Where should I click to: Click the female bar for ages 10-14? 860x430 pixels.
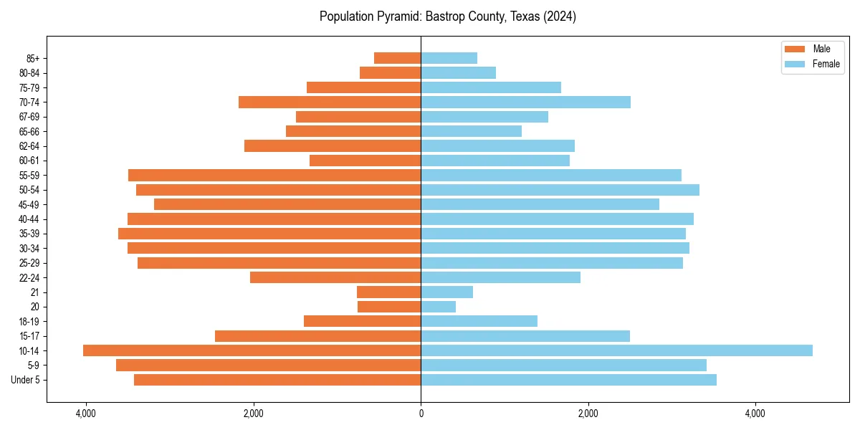pos(616,350)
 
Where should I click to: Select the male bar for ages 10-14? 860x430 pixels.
pos(252,350)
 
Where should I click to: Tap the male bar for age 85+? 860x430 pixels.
pos(397,58)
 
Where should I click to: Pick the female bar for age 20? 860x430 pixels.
pos(438,307)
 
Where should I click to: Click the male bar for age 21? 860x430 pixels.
pos(388,292)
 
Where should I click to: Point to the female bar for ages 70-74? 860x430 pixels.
pos(525,102)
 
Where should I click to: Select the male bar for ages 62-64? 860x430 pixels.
pos(333,146)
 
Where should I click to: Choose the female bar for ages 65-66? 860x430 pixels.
pos(471,131)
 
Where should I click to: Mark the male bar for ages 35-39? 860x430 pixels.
pos(269,234)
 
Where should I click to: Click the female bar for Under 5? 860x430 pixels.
pos(568,380)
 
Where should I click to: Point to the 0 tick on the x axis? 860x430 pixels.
pos(421,414)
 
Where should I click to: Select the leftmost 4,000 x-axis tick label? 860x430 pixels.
pos(86,414)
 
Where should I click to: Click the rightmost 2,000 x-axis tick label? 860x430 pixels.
pos(588,414)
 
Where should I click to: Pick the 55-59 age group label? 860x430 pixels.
pos(29,176)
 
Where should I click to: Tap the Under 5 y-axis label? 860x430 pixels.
pos(26,380)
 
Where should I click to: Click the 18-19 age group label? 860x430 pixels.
pos(29,322)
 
